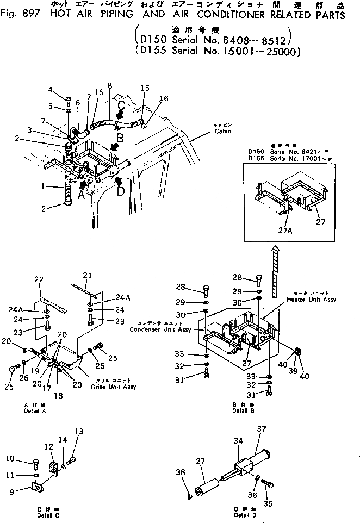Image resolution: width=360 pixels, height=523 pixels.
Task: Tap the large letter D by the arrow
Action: click(121, 192)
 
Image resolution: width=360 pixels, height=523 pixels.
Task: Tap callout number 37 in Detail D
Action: click(261, 429)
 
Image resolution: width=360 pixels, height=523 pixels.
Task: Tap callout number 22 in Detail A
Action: click(38, 279)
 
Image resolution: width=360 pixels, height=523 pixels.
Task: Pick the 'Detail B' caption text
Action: click(240, 410)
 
